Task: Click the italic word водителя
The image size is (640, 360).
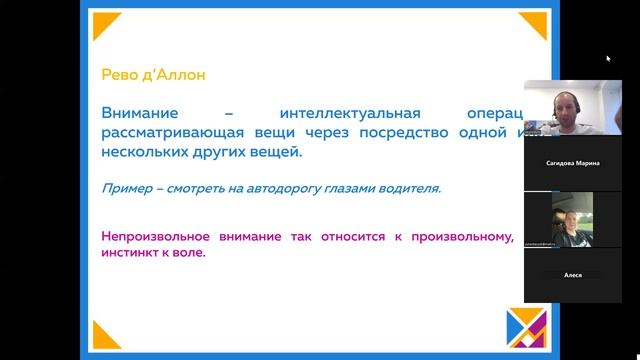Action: [410, 187]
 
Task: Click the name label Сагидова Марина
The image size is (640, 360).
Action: [573, 163]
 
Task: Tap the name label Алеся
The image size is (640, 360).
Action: [573, 273]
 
